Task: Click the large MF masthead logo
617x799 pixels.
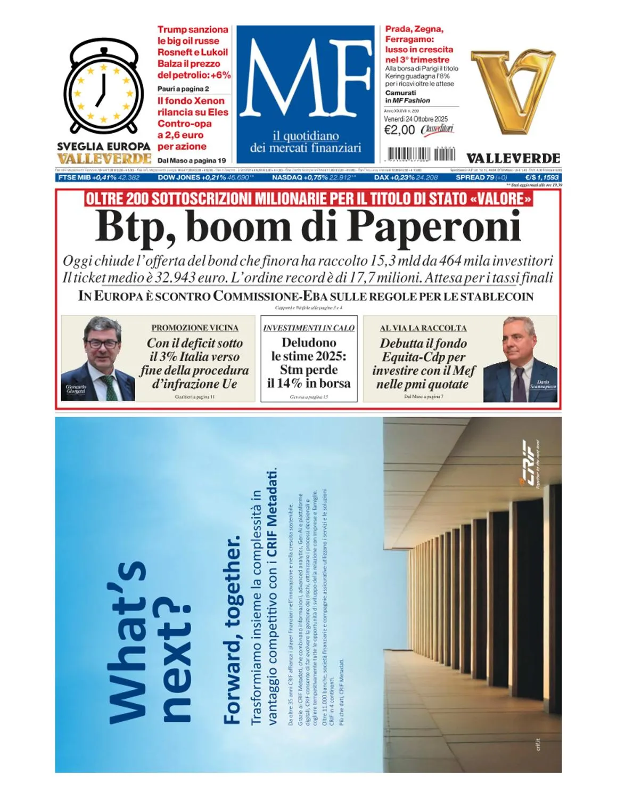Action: pyautogui.click(x=305, y=80)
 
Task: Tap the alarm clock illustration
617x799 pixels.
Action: pyautogui.click(x=104, y=88)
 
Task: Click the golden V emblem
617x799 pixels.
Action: pyautogui.click(x=512, y=91)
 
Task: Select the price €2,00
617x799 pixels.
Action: pyautogui.click(x=399, y=130)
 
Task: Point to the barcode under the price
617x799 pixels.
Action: pyautogui.click(x=421, y=154)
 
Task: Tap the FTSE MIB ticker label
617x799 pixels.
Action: pyautogui.click(x=75, y=177)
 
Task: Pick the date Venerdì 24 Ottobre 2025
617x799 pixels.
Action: pyautogui.click(x=416, y=119)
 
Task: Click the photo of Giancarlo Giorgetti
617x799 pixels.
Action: pyautogui.click(x=99, y=358)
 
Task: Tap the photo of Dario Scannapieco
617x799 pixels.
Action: pyautogui.click(x=520, y=360)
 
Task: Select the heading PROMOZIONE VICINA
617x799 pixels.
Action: pyautogui.click(x=195, y=328)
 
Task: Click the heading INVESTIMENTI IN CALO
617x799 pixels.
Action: pyautogui.click(x=309, y=328)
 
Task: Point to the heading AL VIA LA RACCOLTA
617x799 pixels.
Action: pyautogui.click(x=423, y=328)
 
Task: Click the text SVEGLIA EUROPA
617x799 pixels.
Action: pyautogui.click(x=104, y=146)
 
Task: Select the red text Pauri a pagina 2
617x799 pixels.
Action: pyautogui.click(x=183, y=89)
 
